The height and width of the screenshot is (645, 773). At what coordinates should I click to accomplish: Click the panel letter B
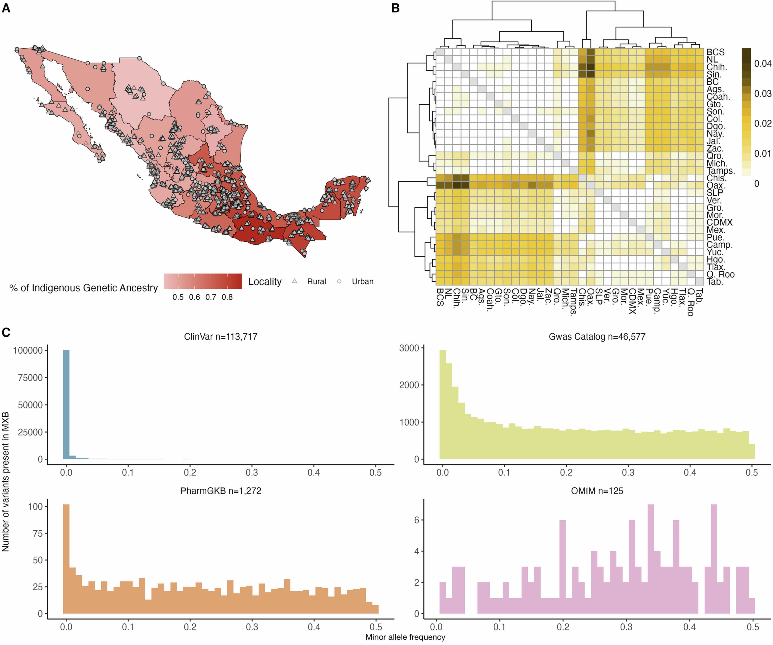[x=395, y=8]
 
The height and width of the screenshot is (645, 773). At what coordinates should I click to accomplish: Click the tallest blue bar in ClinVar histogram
[x=66, y=405]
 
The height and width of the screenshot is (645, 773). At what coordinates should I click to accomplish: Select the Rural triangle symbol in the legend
[x=295, y=281]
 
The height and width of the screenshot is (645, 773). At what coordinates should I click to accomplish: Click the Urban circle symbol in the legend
[x=339, y=281]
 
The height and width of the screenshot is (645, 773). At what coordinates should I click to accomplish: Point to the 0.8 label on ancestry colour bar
[x=227, y=297]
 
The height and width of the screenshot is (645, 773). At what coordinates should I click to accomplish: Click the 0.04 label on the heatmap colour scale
[x=762, y=64]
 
